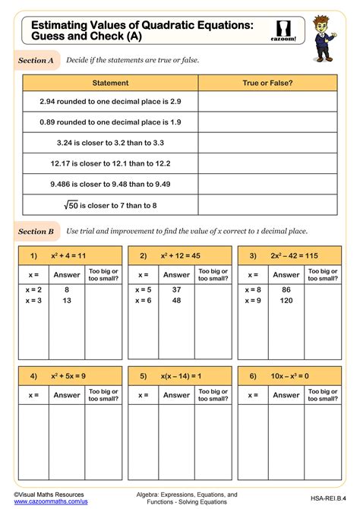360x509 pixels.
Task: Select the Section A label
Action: pos(36,60)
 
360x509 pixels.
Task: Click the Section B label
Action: pos(36,231)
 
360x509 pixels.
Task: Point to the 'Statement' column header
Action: pos(111,83)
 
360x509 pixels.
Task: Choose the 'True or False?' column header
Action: pos(267,83)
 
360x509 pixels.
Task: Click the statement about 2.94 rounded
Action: pos(111,101)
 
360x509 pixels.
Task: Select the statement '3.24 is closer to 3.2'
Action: pos(111,142)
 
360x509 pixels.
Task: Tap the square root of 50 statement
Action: pos(111,204)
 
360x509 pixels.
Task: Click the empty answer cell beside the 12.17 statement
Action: pos(267,163)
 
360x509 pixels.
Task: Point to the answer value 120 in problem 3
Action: pos(286,300)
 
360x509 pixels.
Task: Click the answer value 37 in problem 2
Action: pos(176,289)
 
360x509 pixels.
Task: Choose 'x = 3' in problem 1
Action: pos(34,300)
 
